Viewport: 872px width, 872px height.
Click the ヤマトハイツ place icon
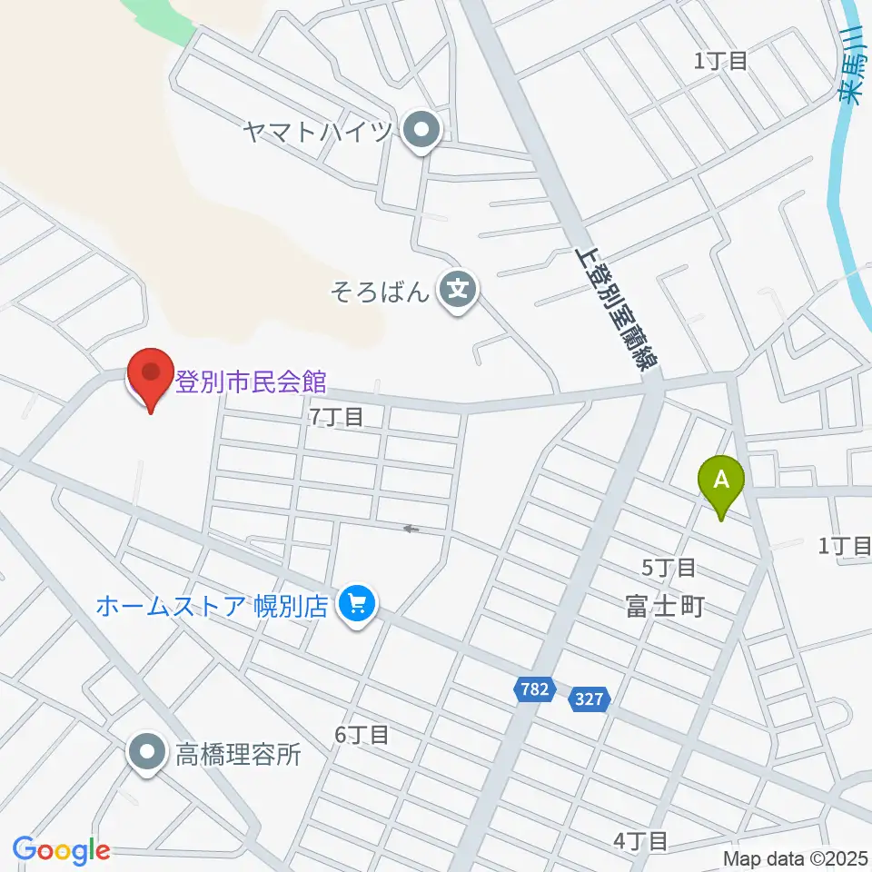click(421, 134)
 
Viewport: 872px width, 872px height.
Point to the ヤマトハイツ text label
click(318, 134)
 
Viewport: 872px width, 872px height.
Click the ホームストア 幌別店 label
click(212, 606)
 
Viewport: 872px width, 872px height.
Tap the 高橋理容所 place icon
click(147, 753)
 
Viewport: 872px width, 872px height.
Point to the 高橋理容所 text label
click(237, 754)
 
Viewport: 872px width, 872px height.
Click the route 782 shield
click(535, 689)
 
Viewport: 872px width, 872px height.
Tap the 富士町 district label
click(664, 607)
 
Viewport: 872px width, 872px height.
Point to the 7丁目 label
click(336, 417)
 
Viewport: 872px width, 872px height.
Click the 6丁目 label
click(362, 735)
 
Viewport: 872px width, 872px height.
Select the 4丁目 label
click(640, 841)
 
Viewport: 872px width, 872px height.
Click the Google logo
click(62, 850)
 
